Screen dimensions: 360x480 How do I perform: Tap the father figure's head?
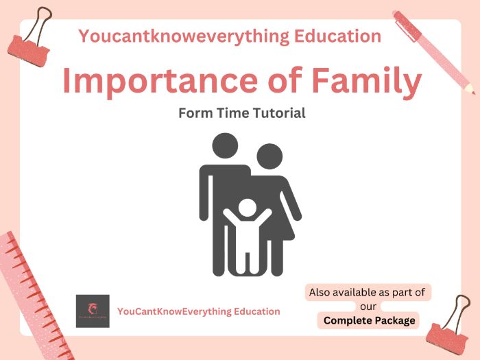[x=225, y=146]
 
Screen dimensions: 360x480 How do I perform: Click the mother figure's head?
[x=269, y=156]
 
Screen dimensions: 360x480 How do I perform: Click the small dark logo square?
[x=93, y=311]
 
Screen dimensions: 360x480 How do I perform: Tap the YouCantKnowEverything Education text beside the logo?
[x=199, y=311]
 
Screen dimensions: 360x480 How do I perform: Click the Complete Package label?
[x=370, y=320]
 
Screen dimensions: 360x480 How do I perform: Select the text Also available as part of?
[x=367, y=292]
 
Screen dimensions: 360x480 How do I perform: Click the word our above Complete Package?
[x=368, y=307]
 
